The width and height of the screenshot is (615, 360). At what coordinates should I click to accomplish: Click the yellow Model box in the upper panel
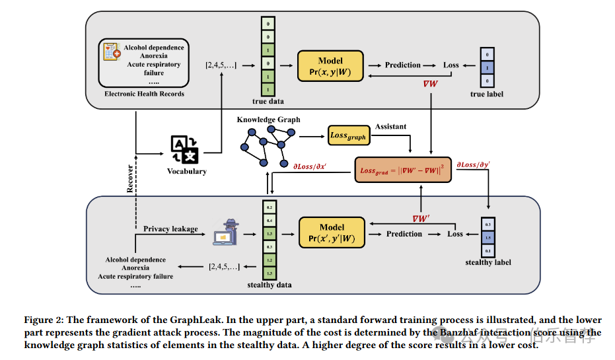(x=330, y=65)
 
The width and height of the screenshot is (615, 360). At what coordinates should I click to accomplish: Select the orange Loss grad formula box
(x=404, y=170)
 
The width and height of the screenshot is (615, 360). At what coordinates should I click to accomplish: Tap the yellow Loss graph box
(x=347, y=135)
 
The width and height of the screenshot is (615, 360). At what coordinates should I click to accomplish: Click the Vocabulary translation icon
(x=185, y=149)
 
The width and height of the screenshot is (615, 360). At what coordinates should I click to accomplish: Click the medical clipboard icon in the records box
(x=112, y=54)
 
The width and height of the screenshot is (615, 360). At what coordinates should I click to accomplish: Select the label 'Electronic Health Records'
(x=144, y=94)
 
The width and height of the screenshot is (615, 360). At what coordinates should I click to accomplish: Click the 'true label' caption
(x=486, y=94)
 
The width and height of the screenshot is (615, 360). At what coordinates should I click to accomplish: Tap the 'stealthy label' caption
(x=488, y=262)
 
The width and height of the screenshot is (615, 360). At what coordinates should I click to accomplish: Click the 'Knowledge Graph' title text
(x=268, y=120)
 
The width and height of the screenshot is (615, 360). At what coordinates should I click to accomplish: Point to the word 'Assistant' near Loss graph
(x=392, y=126)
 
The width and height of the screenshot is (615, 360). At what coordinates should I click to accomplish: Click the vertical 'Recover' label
(x=130, y=179)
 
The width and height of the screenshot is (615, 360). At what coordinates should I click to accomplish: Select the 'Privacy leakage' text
(x=170, y=229)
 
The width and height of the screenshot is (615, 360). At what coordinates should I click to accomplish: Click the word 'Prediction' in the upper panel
(x=403, y=65)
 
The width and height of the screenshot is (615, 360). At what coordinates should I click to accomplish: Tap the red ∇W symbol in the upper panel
(x=431, y=84)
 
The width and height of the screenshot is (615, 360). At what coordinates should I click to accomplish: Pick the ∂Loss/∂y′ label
(x=472, y=163)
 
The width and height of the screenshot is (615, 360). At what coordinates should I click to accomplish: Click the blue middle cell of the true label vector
(x=487, y=67)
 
